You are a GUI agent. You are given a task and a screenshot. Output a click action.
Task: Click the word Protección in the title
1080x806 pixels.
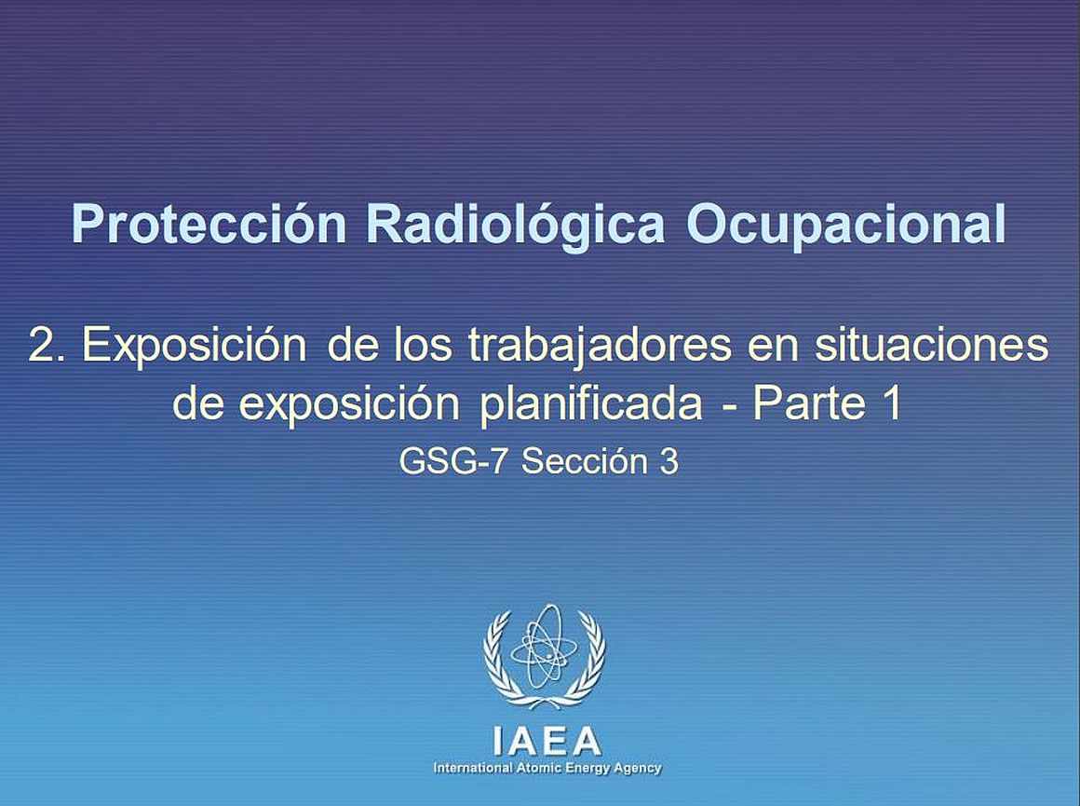pos(209,225)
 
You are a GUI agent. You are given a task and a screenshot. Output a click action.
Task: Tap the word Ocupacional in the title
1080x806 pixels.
pos(845,225)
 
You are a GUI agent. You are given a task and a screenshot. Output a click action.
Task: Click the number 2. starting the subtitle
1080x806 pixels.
pos(47,344)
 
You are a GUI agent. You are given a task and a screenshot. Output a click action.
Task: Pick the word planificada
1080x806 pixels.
pos(590,404)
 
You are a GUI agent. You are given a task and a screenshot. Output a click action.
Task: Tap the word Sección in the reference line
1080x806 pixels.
pos(583,461)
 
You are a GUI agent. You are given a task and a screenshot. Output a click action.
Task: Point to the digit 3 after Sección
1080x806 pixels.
pos(668,461)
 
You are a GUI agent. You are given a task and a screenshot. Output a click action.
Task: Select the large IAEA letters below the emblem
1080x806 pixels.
pos(547,742)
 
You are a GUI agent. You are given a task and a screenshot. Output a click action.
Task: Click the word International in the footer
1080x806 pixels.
pos(473,768)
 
